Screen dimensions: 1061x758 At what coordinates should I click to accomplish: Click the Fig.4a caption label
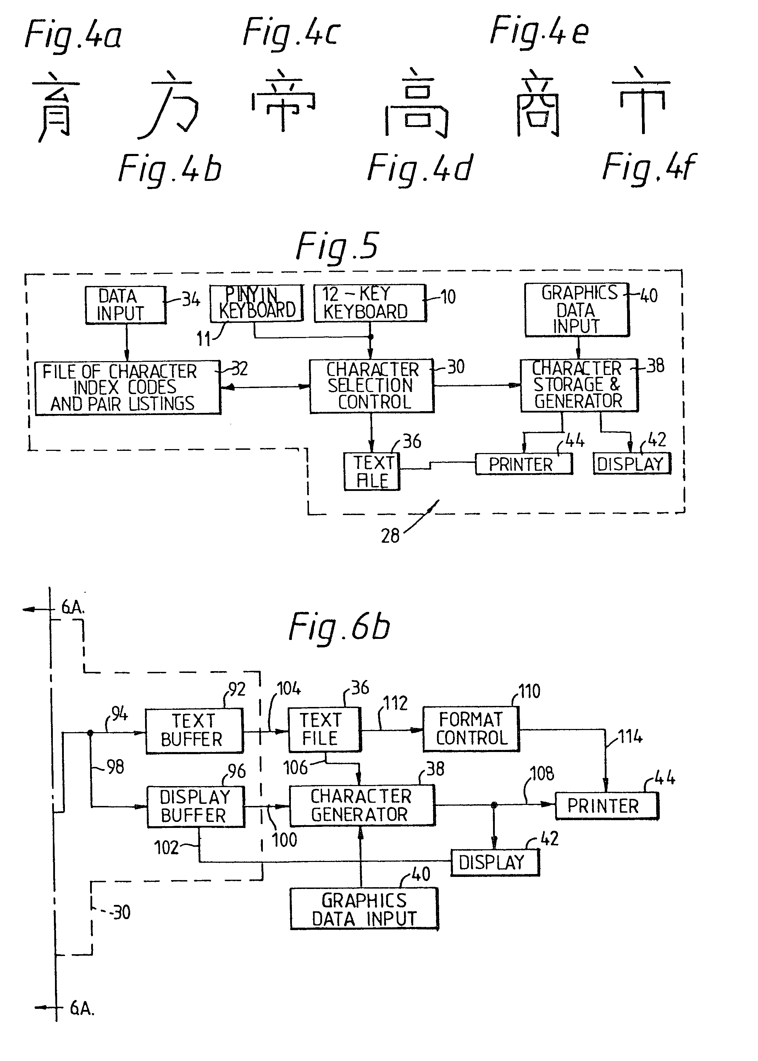click(x=73, y=35)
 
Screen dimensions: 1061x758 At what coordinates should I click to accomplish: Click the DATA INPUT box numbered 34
click(x=126, y=305)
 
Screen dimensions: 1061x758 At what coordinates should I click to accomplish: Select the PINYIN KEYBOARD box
click(x=256, y=303)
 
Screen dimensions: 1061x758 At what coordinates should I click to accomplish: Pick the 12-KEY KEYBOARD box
click(x=370, y=303)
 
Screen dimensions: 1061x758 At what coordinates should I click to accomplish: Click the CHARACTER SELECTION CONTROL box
click(x=371, y=386)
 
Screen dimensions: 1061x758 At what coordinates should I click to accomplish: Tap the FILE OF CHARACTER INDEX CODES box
click(x=127, y=387)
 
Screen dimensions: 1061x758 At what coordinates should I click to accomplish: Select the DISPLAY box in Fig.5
click(x=631, y=464)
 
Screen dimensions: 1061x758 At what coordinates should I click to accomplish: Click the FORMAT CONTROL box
click(x=471, y=729)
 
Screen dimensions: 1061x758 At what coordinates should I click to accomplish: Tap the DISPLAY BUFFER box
click(x=195, y=806)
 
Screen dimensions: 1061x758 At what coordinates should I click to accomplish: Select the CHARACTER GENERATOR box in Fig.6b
click(x=362, y=805)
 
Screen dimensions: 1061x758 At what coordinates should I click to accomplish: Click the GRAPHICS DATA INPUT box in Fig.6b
click(x=364, y=909)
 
